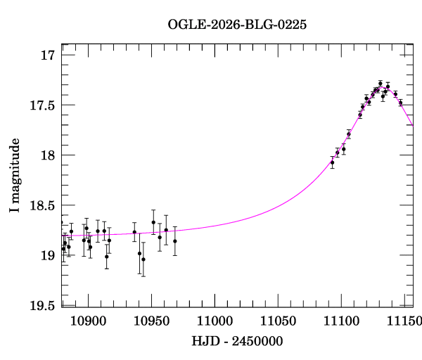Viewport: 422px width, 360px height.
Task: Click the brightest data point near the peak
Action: point(380,84)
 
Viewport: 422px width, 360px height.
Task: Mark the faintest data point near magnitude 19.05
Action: point(143,259)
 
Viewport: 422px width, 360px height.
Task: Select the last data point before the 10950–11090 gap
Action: point(174,241)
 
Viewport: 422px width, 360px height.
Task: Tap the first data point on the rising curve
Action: point(332,162)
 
